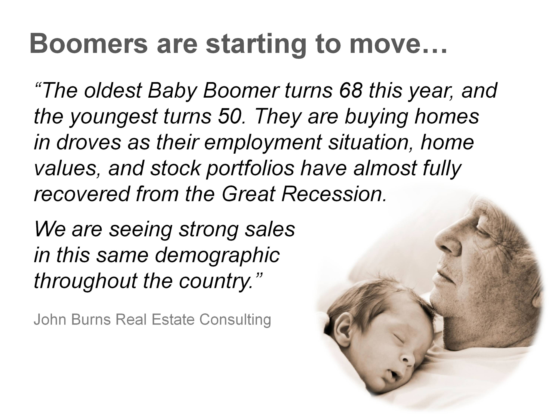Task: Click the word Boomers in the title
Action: click(x=89, y=44)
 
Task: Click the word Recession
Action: click(x=334, y=194)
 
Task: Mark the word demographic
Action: click(x=217, y=255)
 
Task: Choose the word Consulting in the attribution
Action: click(x=235, y=320)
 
